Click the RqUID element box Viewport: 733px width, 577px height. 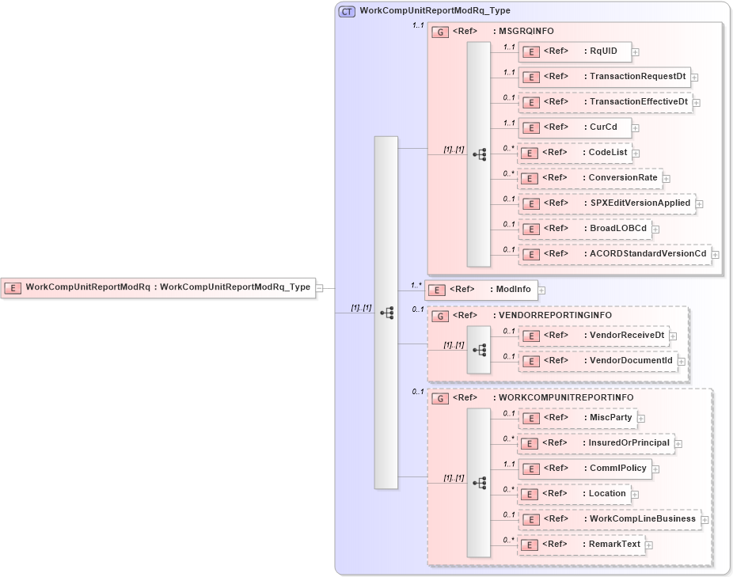pos(575,51)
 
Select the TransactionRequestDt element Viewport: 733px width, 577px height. pos(604,77)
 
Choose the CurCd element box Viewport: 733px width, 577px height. pos(575,127)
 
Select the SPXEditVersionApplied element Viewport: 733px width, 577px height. pos(606,203)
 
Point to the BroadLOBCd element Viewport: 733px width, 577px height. pos(585,229)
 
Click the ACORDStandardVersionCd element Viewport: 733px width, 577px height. pos(614,254)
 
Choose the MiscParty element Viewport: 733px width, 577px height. pos(578,418)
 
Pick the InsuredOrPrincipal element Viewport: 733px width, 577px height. pos(595,443)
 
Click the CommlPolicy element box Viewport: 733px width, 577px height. pos(585,469)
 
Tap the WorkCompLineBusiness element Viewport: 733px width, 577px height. pos(609,519)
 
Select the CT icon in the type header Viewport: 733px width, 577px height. pos(347,11)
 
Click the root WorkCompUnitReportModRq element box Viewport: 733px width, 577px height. pos(158,287)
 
